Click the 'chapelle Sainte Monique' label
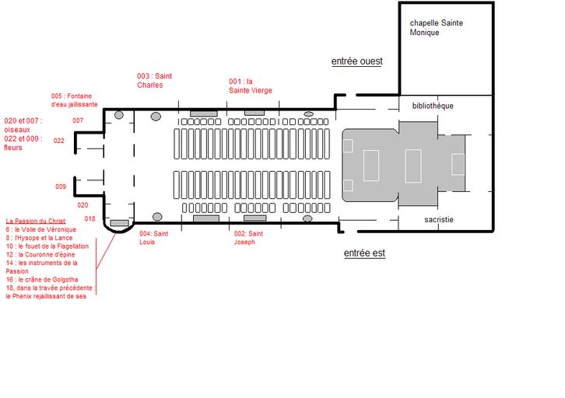click(x=437, y=28)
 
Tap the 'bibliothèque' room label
click(x=433, y=106)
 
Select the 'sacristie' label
click(x=438, y=219)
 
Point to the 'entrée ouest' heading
click(x=356, y=61)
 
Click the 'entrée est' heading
click(x=364, y=253)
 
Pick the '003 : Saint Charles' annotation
click(x=154, y=81)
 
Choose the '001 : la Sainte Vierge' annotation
click(x=251, y=86)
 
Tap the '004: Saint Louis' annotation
click(x=154, y=238)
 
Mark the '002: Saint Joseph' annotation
click(x=248, y=238)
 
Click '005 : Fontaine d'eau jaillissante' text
click(x=74, y=100)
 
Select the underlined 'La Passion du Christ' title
click(x=36, y=221)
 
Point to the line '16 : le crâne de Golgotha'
click(x=42, y=280)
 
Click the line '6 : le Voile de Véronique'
click(x=41, y=229)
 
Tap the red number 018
click(x=89, y=218)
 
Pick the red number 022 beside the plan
click(x=58, y=141)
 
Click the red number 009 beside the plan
click(x=61, y=187)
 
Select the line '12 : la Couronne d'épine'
click(x=40, y=254)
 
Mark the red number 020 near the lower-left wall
click(x=82, y=205)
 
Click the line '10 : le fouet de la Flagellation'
click(x=47, y=246)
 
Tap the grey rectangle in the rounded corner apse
click(x=119, y=223)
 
